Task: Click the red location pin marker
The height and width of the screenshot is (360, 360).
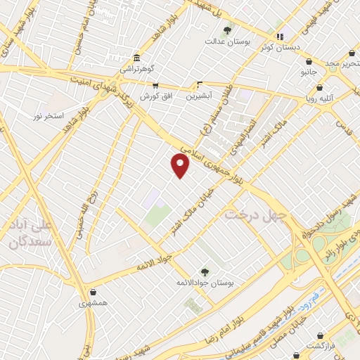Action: [x=181, y=165]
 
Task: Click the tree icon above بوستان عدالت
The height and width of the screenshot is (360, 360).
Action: [x=226, y=30]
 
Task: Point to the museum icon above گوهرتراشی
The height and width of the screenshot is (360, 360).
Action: [x=135, y=58]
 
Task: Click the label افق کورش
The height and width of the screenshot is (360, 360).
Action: [x=155, y=96]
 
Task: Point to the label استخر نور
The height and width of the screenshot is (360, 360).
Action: [x=49, y=115]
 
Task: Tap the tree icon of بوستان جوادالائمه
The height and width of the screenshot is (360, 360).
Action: [x=205, y=271]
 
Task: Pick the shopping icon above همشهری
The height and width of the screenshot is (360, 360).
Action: [x=92, y=292]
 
